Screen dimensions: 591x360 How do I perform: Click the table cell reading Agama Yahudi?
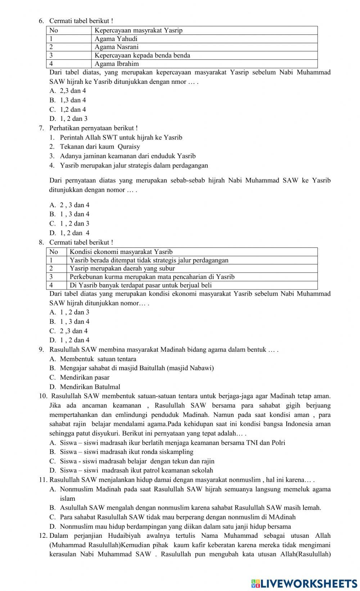116,39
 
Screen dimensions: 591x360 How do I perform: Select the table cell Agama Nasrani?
116,47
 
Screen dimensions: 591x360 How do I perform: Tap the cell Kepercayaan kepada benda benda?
142,55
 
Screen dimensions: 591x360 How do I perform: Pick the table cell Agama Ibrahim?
117,64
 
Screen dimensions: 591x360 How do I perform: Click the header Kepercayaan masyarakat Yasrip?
139,31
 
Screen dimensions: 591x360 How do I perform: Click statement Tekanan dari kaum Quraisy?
100,147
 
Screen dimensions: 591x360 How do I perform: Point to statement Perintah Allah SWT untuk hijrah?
121,137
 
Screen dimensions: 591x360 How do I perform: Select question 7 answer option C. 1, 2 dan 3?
69,224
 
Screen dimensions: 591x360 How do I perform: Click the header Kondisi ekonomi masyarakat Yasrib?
121,252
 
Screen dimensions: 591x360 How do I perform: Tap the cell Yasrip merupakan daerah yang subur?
122,268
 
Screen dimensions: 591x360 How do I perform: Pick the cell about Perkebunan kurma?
152,277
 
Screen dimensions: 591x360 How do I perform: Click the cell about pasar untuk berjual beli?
140,285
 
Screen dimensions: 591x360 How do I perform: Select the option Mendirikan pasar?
85,378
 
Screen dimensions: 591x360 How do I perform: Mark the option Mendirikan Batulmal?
90,387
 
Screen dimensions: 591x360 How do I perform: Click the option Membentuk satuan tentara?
98,359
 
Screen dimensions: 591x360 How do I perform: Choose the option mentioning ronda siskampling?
126,452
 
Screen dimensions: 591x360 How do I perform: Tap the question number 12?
43,536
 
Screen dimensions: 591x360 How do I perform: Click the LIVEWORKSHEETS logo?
304,583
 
